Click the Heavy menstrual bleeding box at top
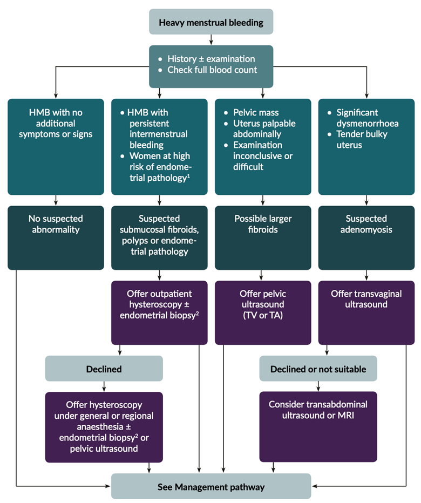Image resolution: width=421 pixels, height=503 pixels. (x=211, y=23)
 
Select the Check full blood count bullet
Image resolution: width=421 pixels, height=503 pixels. (x=212, y=70)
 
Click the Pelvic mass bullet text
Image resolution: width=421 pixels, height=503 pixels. (x=256, y=113)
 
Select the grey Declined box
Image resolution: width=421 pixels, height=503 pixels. (x=104, y=369)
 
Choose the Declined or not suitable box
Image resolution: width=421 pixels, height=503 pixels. (x=318, y=369)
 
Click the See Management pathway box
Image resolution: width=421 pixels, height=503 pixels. (x=211, y=487)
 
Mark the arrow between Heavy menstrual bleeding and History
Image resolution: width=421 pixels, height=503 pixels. (x=211, y=39)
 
